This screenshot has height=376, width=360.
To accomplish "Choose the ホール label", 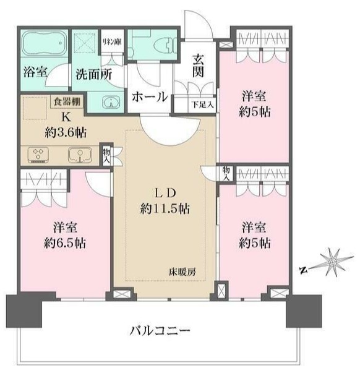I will point(149,96).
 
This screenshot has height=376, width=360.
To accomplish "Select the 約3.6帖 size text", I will point(64,131).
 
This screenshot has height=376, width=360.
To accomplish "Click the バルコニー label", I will point(160,330).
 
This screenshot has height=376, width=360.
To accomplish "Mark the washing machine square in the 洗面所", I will point(84,45).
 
